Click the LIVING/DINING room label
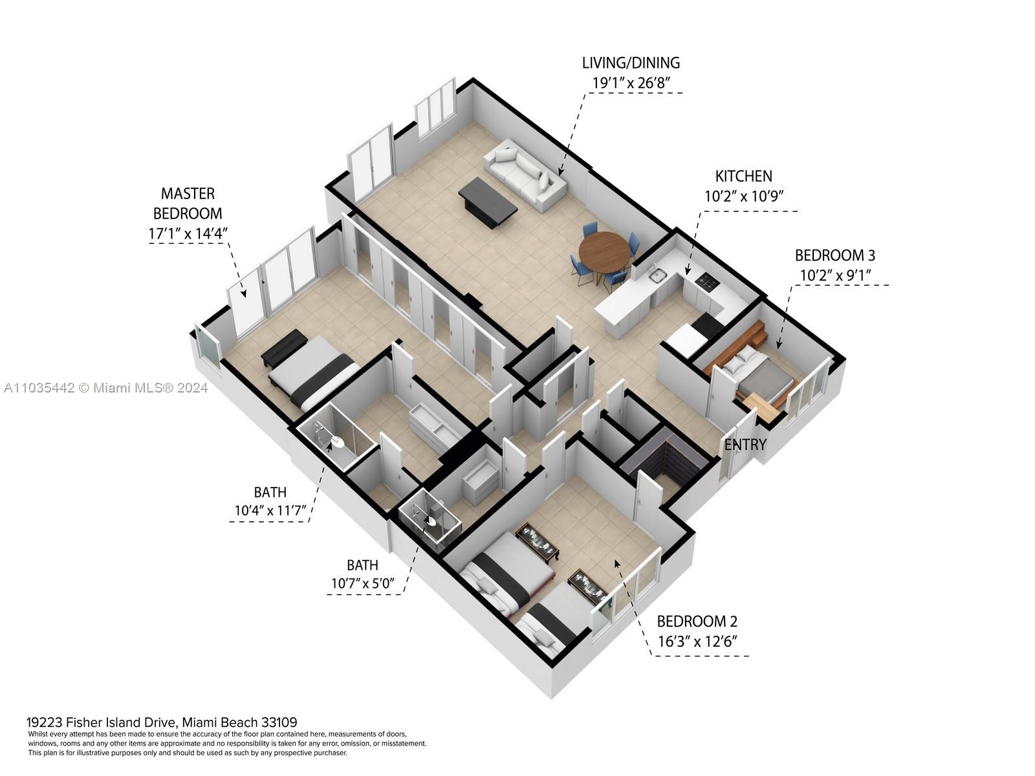631,63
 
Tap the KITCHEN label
743,176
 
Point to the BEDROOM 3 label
834,255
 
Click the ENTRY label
745,445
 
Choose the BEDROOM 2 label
697,621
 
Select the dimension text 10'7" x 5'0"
362,583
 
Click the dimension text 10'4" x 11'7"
270,512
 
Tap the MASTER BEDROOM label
188,203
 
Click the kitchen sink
659,277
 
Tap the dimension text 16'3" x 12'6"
697,641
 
